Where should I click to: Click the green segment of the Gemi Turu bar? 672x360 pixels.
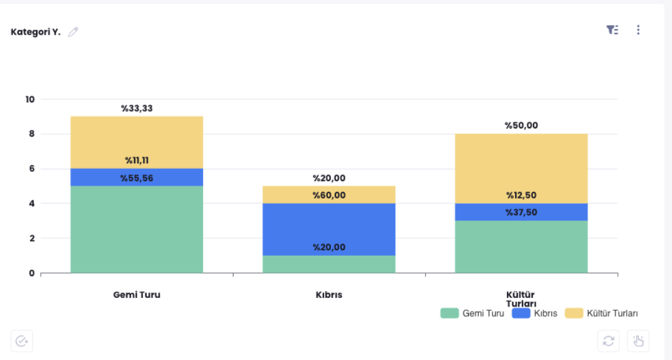point(137,230)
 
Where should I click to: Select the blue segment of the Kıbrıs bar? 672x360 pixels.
point(329,227)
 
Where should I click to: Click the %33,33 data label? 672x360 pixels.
point(137,109)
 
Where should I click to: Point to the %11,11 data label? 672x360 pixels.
point(137,161)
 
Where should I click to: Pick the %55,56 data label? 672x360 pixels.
point(137,178)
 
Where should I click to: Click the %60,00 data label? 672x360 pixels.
point(329,196)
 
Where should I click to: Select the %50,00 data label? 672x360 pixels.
point(521,125)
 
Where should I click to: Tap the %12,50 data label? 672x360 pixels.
point(521,196)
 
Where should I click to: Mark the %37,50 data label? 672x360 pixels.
point(521,212)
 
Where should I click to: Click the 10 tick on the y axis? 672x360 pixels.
point(30,99)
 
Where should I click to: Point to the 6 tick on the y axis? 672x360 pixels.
point(32,169)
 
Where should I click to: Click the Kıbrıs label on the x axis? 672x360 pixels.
point(329,295)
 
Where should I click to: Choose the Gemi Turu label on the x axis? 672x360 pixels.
point(137,295)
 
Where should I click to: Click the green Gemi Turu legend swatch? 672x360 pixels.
point(449,313)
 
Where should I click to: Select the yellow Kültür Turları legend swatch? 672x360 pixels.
point(574,313)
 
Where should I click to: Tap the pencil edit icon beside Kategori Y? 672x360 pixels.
point(73,32)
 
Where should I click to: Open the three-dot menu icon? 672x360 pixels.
point(638,30)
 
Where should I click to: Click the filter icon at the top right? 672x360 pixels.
point(612,30)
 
